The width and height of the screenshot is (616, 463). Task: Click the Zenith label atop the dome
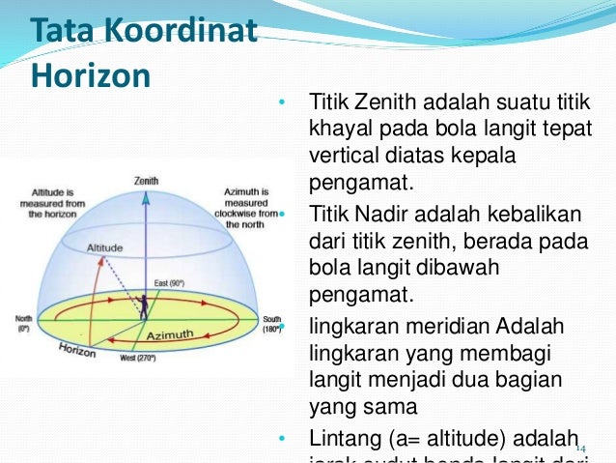(146, 181)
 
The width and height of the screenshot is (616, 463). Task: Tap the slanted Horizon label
(77, 349)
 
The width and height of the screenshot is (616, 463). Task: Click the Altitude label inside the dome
(105, 248)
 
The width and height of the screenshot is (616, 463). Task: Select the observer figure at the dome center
(144, 305)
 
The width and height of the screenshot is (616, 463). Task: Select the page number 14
(580, 448)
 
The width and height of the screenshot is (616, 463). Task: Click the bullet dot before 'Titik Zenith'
(281, 103)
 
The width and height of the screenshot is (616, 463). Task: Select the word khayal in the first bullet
(337, 129)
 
